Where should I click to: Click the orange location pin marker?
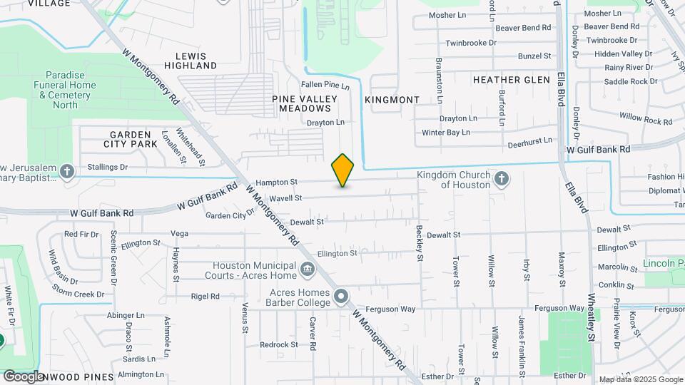click(x=342, y=170)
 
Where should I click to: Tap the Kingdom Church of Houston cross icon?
click(x=501, y=178)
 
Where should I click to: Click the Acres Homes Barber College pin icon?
click(x=341, y=296)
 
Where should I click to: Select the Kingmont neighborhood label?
click(x=392, y=100)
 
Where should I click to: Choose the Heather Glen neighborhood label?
click(x=511, y=80)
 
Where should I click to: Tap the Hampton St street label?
click(x=276, y=183)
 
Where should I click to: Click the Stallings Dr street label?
click(x=107, y=168)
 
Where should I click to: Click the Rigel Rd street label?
click(x=204, y=296)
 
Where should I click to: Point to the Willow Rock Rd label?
click(x=646, y=118)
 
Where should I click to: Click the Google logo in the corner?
click(x=23, y=376)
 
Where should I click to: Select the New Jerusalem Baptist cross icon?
click(x=67, y=171)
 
